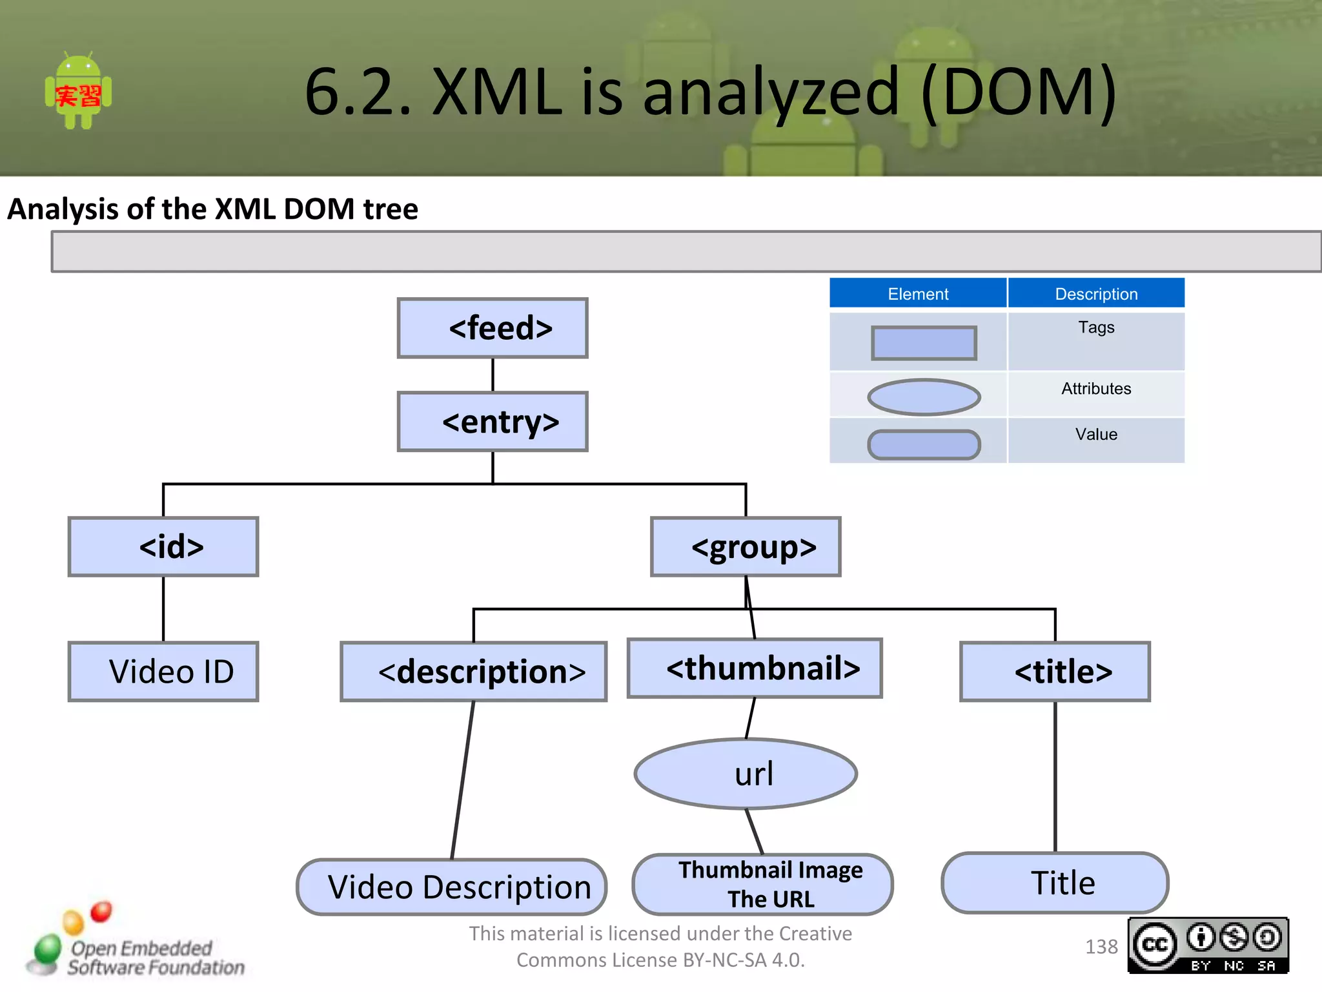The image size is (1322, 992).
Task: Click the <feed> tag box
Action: [493, 328]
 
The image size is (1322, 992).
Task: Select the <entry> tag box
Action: [493, 422]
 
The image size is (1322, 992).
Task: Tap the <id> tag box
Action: [163, 546]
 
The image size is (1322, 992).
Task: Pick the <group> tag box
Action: [746, 547]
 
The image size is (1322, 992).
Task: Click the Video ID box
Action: [163, 672]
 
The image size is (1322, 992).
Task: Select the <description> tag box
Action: [474, 672]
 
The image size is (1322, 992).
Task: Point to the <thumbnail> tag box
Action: [755, 668]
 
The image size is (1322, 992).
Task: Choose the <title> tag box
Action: [1055, 672]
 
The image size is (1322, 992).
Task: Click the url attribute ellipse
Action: [746, 774]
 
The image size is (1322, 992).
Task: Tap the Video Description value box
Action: [452, 887]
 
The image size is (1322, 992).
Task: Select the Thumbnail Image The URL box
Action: [763, 884]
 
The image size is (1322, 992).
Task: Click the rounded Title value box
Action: [1055, 883]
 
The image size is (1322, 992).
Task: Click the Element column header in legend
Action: [917, 294]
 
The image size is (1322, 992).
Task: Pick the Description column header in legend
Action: [1095, 294]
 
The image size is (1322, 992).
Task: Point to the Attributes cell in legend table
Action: [1095, 389]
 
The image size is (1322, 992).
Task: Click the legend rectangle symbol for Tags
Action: [924, 343]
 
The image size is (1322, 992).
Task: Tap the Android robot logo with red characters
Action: [78, 91]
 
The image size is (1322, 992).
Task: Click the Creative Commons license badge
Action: [1208, 945]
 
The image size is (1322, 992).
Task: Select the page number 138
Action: [1101, 947]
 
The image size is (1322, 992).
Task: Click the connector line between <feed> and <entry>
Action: [493, 375]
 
